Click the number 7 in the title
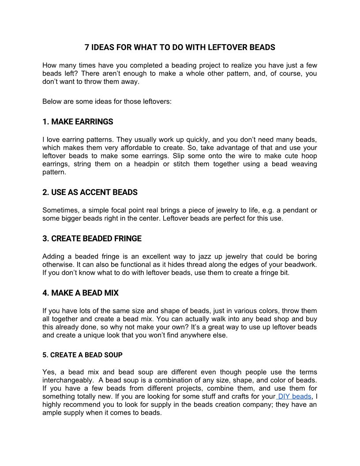point(87,47)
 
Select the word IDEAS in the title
point(102,47)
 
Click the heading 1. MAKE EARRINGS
point(78,122)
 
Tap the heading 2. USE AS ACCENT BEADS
point(90,192)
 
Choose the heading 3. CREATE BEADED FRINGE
point(92,239)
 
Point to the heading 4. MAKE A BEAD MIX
point(80,293)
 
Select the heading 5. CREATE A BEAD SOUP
point(82,355)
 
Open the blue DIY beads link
point(294,397)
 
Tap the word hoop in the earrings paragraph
point(309,156)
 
